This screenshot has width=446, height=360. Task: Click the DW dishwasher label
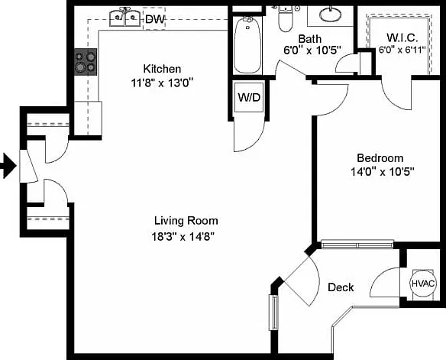click(155, 19)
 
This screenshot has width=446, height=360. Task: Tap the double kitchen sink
click(125, 18)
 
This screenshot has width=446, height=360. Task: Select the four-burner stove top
click(86, 62)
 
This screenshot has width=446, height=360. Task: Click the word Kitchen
click(162, 69)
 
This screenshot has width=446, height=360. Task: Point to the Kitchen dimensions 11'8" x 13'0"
click(162, 83)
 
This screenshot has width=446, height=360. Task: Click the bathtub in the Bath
click(247, 44)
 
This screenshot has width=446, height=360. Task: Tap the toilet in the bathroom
click(286, 19)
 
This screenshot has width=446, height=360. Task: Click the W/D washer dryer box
click(249, 97)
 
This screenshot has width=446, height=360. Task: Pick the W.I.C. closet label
click(402, 37)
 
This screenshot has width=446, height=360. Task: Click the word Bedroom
click(380, 157)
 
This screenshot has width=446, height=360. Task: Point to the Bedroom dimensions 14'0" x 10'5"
click(382, 172)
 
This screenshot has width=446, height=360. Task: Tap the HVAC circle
click(423, 283)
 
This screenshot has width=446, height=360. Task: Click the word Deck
click(341, 287)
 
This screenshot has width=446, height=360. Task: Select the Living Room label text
click(186, 221)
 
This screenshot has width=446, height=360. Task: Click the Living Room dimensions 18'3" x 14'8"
click(183, 237)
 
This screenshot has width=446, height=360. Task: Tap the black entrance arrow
click(8, 166)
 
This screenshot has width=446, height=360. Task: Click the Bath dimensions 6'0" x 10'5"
click(312, 50)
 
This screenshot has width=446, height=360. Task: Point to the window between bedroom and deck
click(357, 245)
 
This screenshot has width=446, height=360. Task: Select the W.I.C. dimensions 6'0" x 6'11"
click(402, 50)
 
